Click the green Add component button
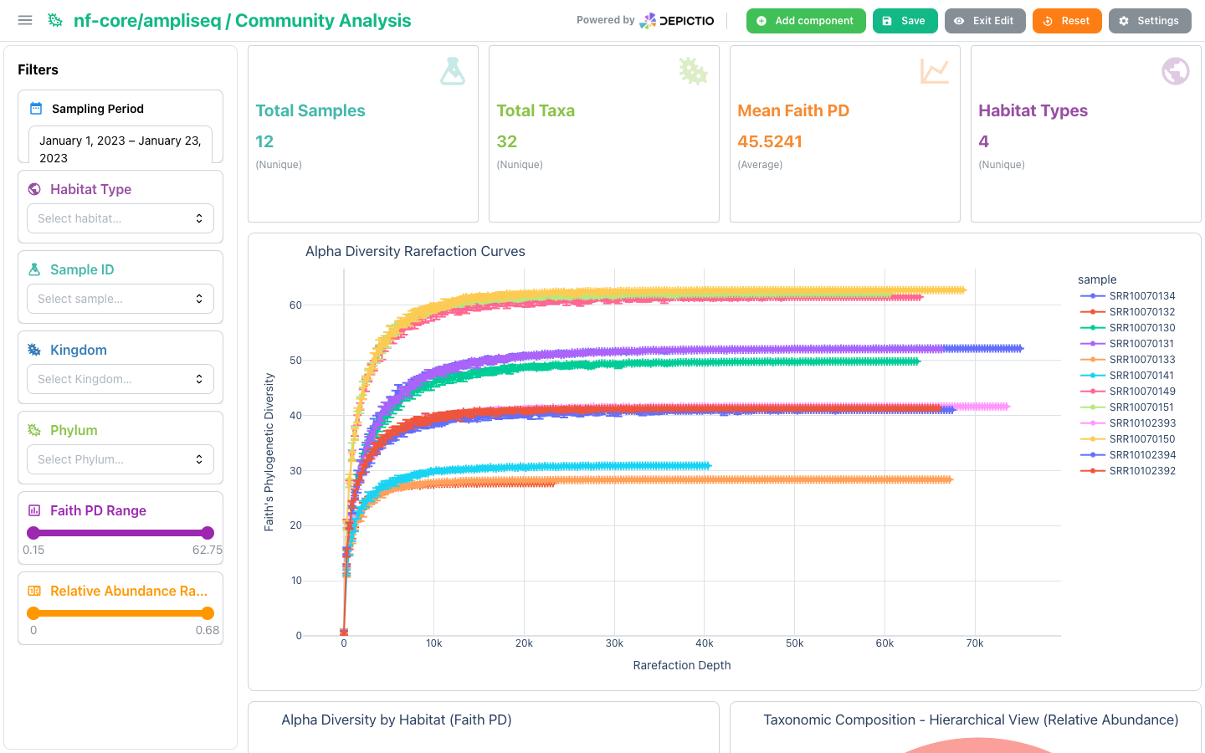click(x=805, y=21)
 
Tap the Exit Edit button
click(x=984, y=21)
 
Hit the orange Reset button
click(x=1067, y=21)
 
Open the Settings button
click(x=1150, y=21)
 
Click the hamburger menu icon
click(x=25, y=20)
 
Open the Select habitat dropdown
click(x=120, y=218)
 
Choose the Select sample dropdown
click(x=120, y=299)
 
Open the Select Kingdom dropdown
click(x=120, y=379)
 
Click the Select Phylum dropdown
click(x=120, y=459)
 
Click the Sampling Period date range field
click(x=120, y=146)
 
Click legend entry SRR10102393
click(x=1128, y=423)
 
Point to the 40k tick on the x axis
click(x=705, y=643)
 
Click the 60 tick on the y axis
click(x=296, y=305)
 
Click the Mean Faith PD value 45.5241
click(x=770, y=141)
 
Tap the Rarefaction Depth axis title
click(x=681, y=665)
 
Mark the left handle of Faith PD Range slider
click(x=33, y=533)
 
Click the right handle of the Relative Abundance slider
click(x=208, y=613)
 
